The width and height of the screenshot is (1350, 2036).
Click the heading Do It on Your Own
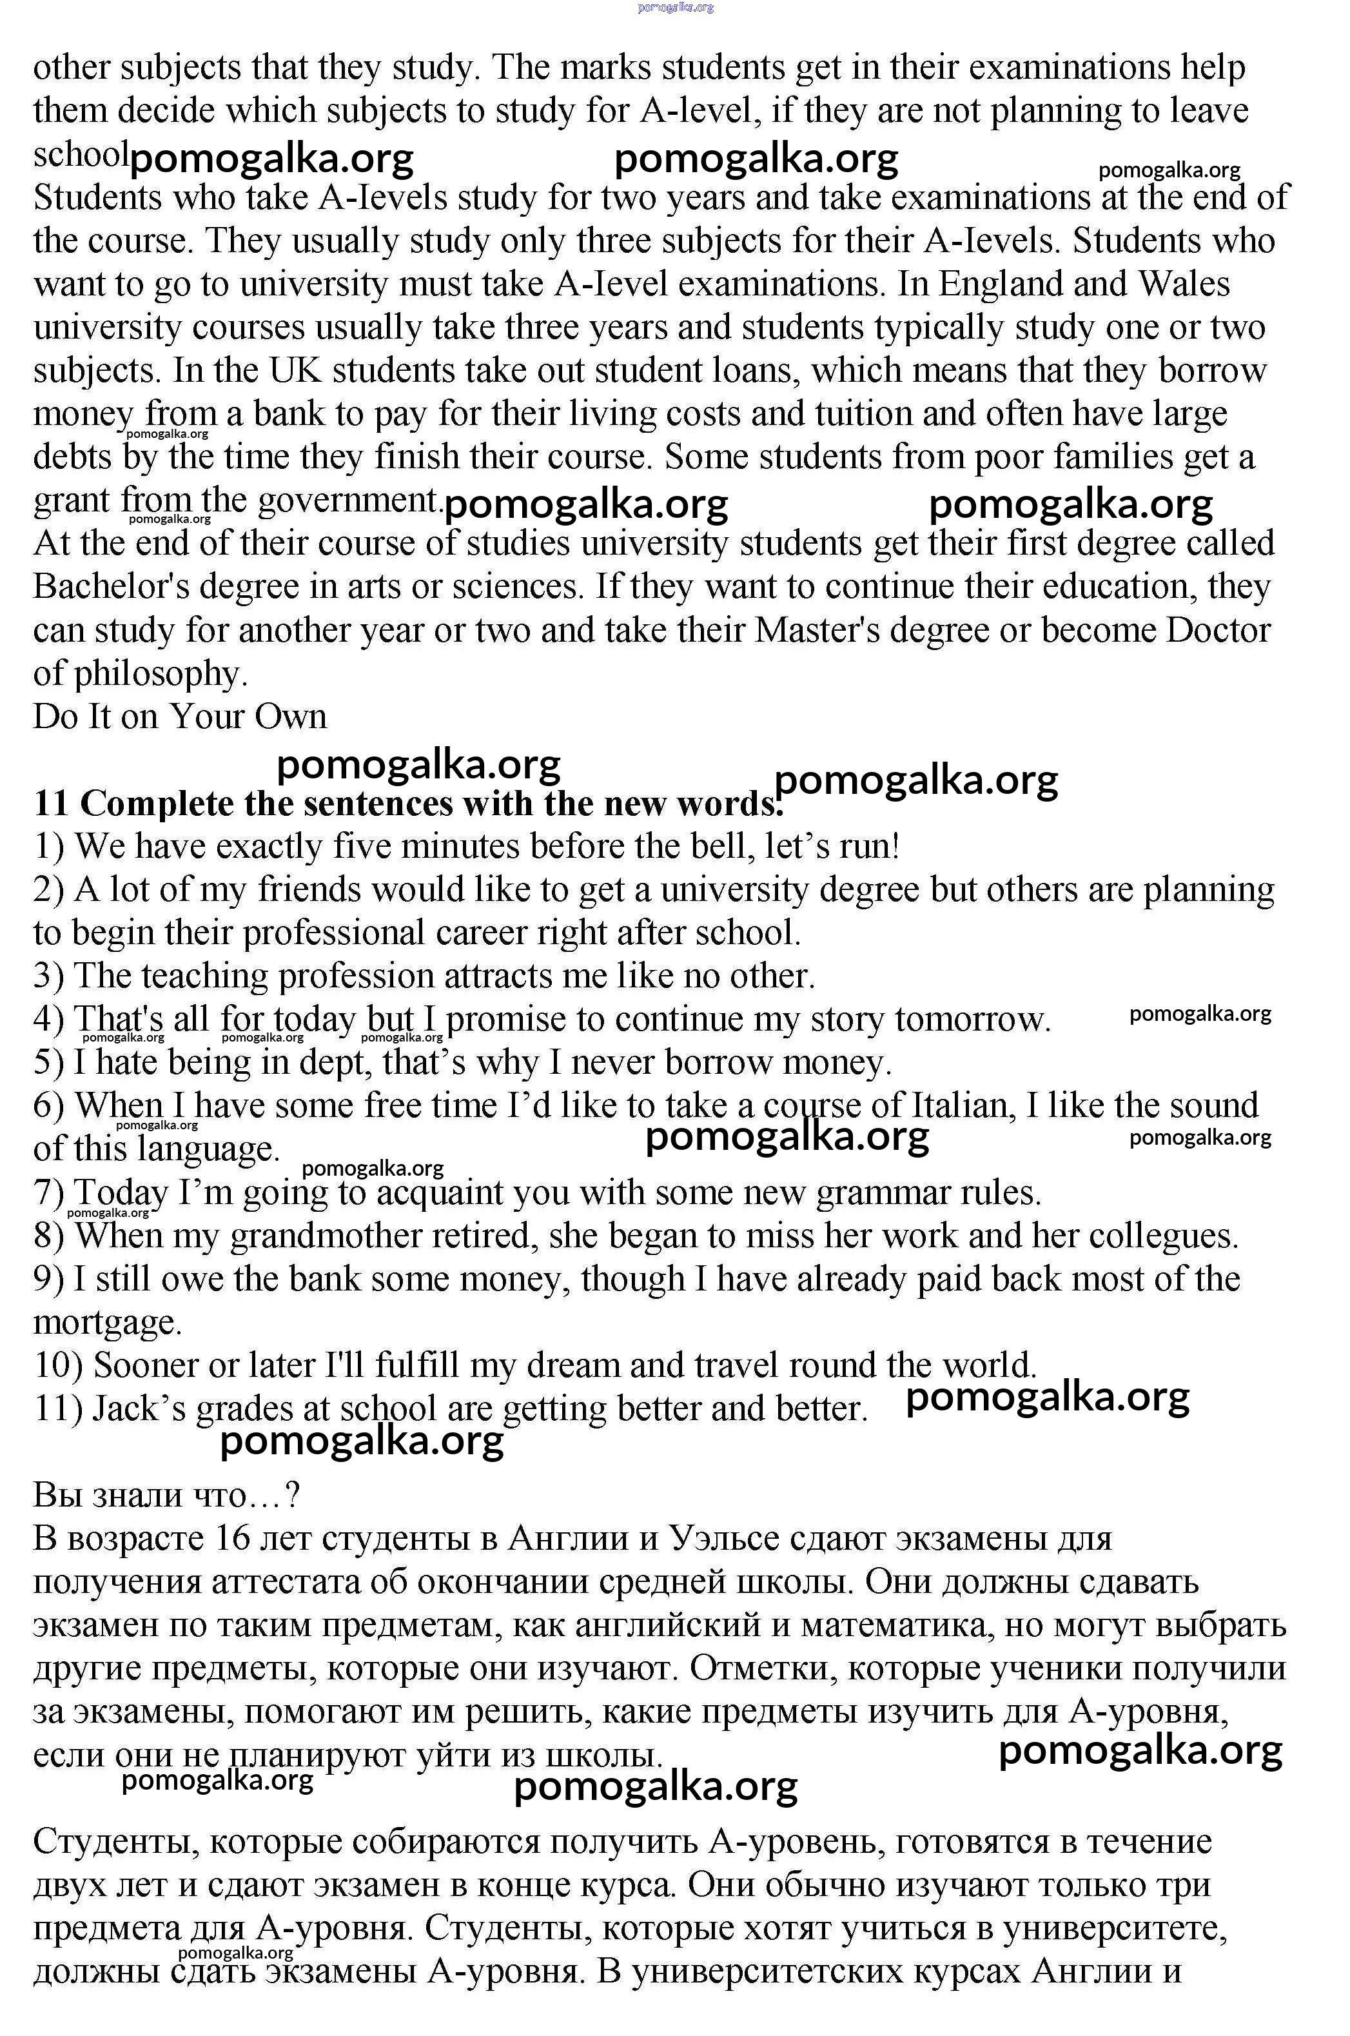[180, 717]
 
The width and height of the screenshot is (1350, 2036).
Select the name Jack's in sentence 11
[139, 1409]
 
